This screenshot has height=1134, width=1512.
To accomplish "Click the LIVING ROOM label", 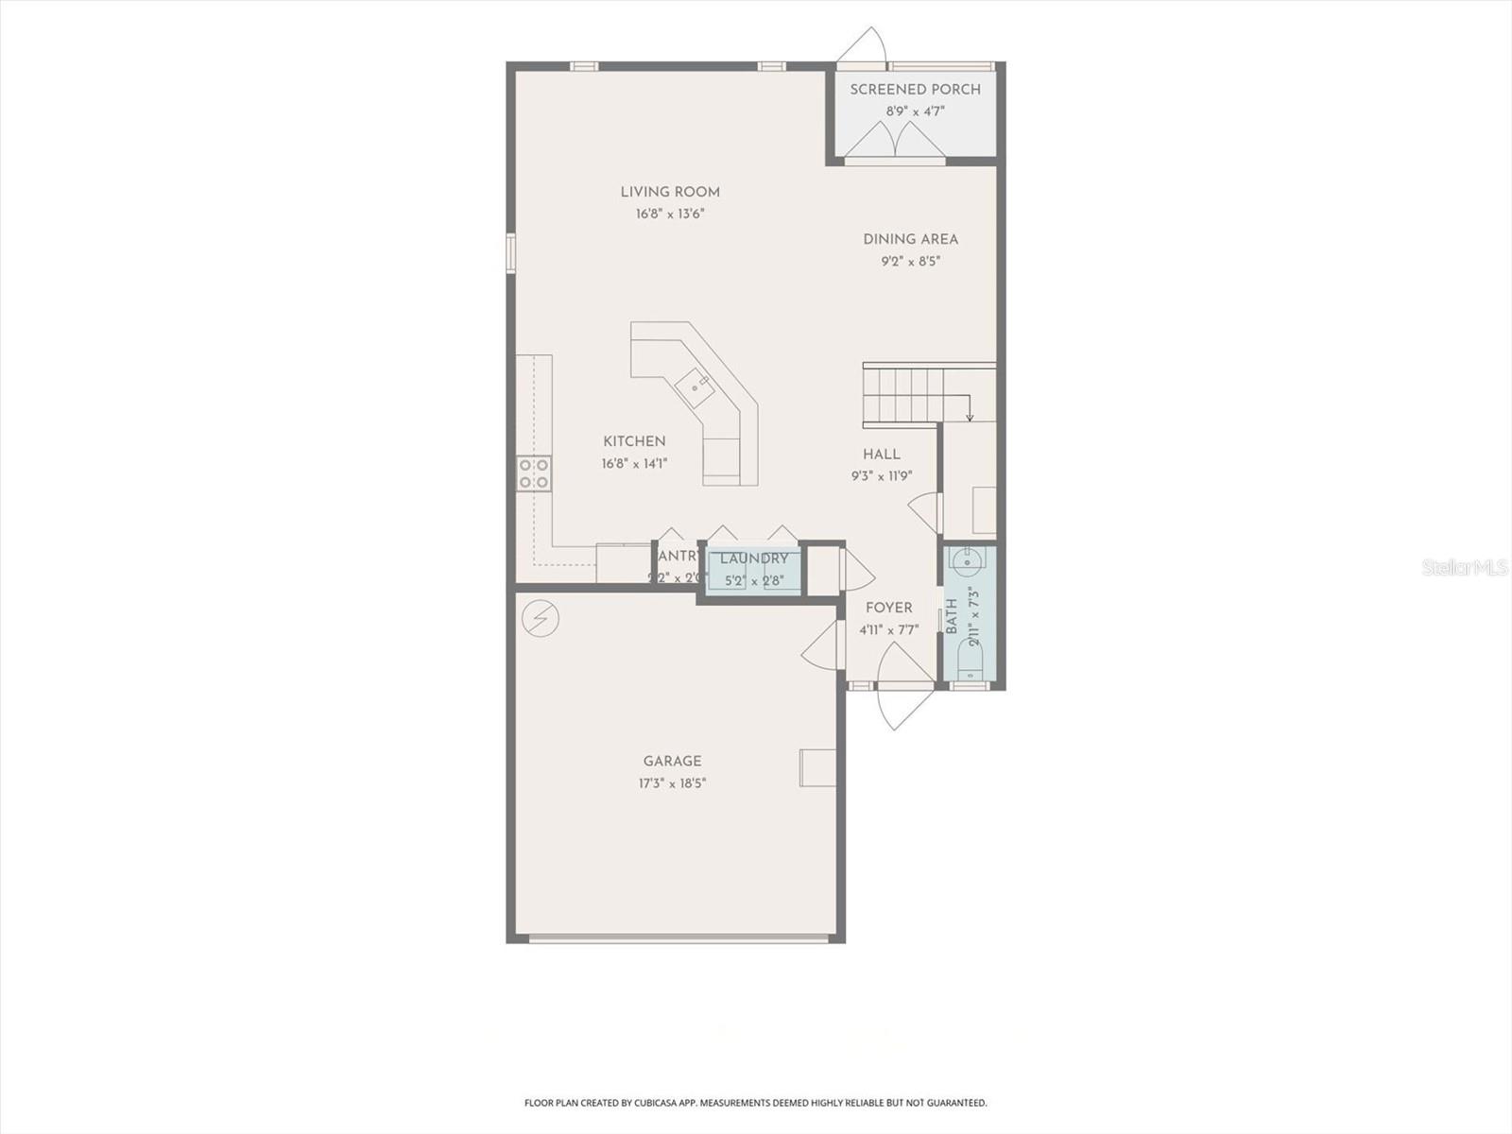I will [670, 192].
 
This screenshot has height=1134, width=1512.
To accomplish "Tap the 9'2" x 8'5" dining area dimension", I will [911, 262].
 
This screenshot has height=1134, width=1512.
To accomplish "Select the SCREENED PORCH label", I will [915, 90].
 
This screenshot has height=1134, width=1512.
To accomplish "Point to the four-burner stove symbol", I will [534, 473].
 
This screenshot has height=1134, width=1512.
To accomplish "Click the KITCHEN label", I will [634, 441].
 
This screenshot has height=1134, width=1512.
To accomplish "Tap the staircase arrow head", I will [970, 417].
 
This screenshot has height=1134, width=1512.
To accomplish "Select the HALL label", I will [881, 455].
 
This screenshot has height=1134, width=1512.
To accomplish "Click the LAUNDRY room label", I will [754, 558].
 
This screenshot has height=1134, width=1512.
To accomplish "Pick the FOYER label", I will [888, 609].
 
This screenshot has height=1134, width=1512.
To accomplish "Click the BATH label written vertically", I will [952, 616].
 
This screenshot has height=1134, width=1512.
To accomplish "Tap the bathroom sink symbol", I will [968, 563].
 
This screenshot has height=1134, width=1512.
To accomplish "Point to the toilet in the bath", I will [970, 657].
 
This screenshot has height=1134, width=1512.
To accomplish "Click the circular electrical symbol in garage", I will [541, 619].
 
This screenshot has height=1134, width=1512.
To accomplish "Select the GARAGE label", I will [672, 761].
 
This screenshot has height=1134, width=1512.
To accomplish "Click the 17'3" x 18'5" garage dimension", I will [672, 783].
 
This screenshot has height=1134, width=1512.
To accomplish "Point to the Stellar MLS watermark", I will [1464, 567].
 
